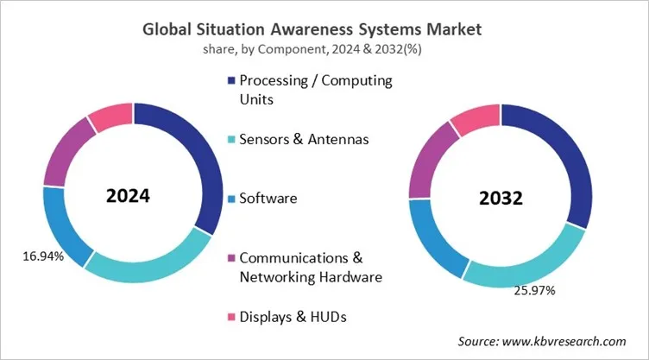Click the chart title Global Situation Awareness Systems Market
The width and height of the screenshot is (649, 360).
coord(324,28)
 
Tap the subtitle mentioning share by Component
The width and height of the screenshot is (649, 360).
coord(324,48)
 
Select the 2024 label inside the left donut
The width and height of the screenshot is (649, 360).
coord(128,195)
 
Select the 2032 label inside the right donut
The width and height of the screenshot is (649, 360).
coord(501,198)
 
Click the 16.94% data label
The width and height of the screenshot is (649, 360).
coord(40,256)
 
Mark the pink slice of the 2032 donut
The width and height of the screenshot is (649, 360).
coord(473,121)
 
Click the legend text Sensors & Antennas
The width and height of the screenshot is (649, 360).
coord(304,139)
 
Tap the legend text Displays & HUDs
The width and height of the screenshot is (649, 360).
coord(293,318)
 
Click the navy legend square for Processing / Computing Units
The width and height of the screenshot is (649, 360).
coord(230,80)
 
